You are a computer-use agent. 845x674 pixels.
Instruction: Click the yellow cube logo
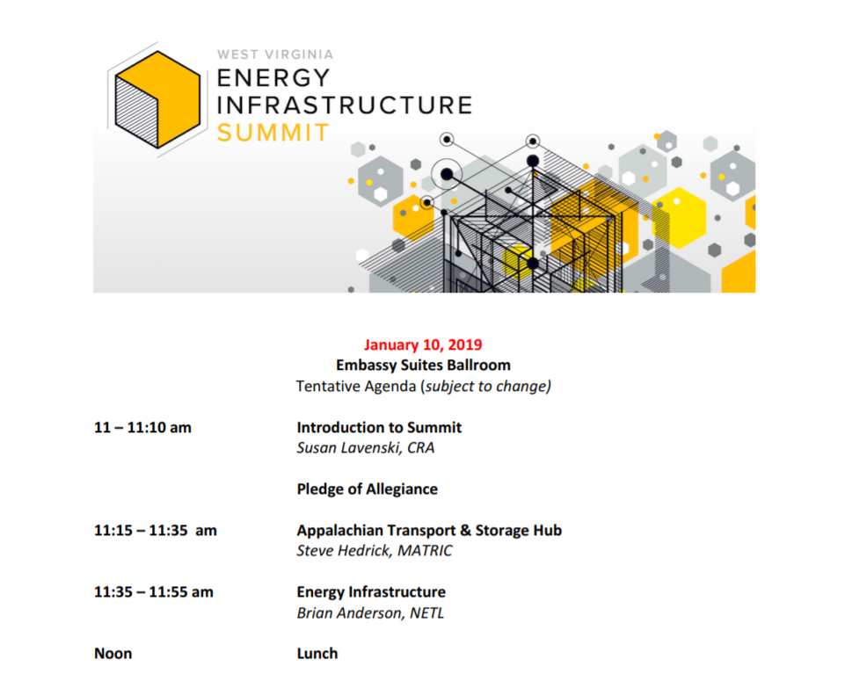click(x=158, y=99)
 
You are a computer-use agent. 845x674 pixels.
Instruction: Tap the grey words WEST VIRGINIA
click(x=275, y=54)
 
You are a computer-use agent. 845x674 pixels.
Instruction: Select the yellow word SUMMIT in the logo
click(x=273, y=133)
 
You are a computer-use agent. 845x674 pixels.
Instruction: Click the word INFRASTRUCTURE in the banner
click(x=345, y=105)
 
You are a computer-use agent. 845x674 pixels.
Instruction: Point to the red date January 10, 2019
click(x=423, y=344)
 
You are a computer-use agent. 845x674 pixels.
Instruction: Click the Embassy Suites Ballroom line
click(x=423, y=366)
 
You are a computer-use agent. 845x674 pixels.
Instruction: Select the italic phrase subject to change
click(x=486, y=387)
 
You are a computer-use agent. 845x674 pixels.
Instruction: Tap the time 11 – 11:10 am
click(x=142, y=428)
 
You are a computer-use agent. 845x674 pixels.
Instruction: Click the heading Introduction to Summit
click(x=379, y=428)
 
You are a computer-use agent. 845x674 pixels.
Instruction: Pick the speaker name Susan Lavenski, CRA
click(x=366, y=448)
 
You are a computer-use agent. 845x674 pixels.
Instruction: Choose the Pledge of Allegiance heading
click(x=367, y=489)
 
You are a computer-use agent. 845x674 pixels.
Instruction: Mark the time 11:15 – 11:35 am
click(x=156, y=531)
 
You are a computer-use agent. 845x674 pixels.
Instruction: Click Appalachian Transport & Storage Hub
click(x=429, y=531)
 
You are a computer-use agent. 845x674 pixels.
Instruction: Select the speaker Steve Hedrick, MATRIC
click(x=375, y=551)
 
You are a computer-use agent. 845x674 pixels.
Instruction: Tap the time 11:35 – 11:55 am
click(x=154, y=592)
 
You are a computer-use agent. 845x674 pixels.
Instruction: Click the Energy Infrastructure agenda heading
click(x=371, y=592)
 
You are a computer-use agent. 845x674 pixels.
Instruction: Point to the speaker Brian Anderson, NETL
click(x=370, y=613)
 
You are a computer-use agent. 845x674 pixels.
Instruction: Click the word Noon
click(x=113, y=654)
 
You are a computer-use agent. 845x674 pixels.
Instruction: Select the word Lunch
click(x=317, y=654)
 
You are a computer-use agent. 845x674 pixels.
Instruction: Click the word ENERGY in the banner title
click(x=273, y=78)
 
